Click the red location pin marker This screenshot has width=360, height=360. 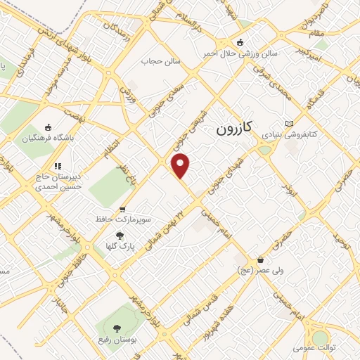(x=181, y=165)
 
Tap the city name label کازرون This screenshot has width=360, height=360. (x=233, y=129)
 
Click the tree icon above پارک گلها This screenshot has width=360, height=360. (x=120, y=236)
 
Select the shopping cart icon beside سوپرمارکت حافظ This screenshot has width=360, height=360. (x=122, y=210)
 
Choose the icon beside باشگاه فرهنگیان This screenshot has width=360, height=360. (x=48, y=127)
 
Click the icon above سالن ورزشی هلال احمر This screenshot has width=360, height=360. (x=241, y=42)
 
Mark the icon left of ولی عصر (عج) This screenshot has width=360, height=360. (x=260, y=260)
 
